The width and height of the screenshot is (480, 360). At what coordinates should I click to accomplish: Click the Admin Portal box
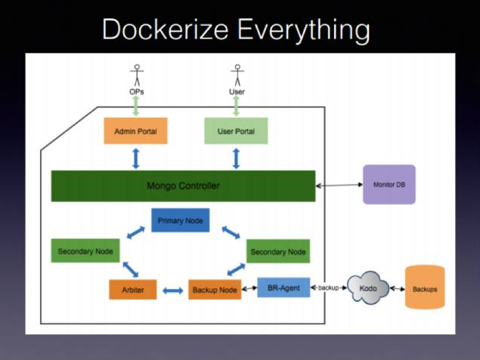(x=135, y=131)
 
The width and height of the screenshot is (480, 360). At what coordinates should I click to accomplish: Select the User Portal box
(x=236, y=131)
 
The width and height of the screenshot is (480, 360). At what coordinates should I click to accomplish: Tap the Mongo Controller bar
(x=183, y=186)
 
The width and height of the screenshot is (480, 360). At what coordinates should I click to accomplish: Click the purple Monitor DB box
(x=389, y=184)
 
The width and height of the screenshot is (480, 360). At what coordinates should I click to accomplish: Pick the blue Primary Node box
(x=180, y=221)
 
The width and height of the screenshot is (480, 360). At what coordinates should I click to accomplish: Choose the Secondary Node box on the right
(x=277, y=251)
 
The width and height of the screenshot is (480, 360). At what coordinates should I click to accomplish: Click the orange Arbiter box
(x=132, y=290)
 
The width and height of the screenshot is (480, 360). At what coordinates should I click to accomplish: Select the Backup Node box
(x=214, y=290)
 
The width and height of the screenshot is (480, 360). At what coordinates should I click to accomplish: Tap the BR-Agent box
(x=283, y=287)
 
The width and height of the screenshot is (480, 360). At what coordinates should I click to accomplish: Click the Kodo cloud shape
(x=367, y=289)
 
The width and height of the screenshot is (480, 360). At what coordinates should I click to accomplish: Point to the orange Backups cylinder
(x=424, y=288)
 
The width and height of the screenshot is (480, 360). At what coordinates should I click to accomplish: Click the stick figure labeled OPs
(x=137, y=78)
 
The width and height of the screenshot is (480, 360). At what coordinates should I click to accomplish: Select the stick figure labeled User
(x=237, y=78)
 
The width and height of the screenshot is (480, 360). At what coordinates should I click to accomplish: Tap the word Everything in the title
(x=305, y=30)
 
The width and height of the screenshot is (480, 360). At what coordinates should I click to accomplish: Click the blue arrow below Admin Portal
(x=136, y=158)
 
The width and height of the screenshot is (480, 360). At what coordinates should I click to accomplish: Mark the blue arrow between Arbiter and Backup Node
(x=173, y=290)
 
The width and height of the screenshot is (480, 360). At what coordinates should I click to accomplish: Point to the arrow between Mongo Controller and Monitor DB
(x=339, y=185)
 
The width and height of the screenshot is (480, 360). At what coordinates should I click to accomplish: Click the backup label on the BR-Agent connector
(x=328, y=288)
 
